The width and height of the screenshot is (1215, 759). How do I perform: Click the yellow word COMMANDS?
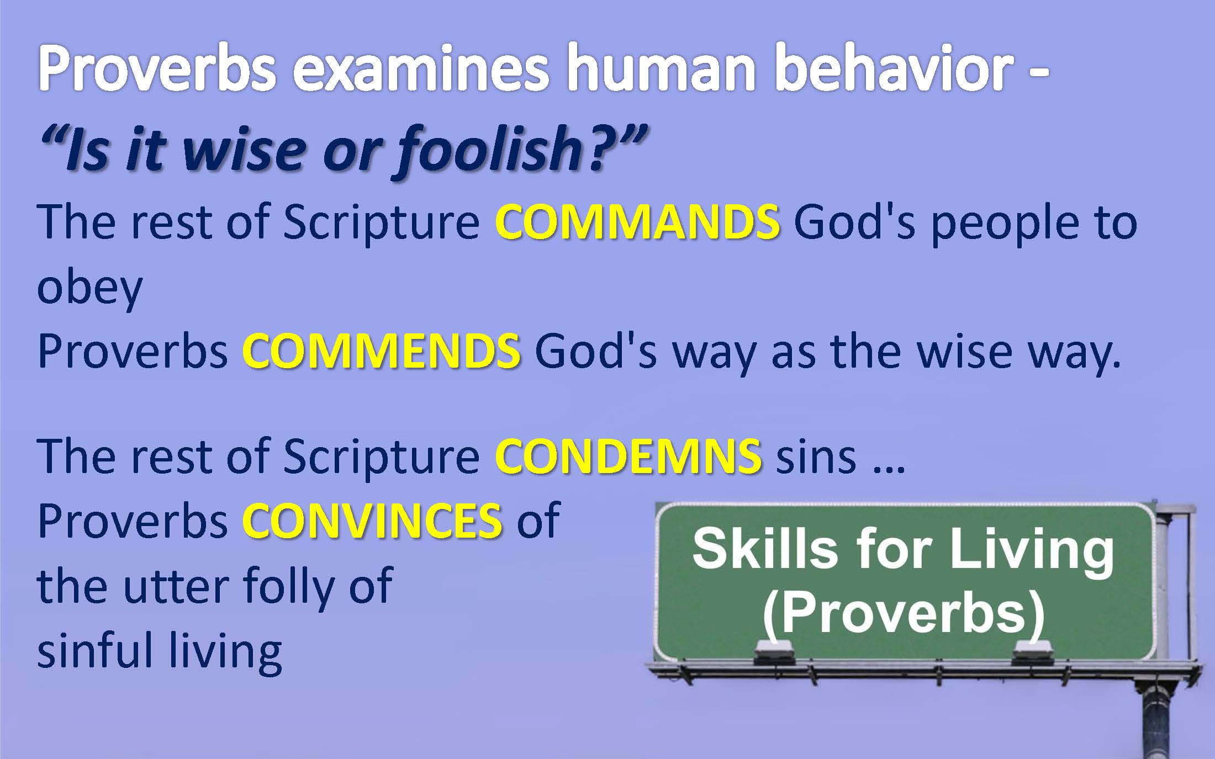(637, 223)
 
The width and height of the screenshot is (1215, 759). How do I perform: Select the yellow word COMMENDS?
(381, 351)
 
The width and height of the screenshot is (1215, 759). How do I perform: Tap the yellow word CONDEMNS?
(628, 457)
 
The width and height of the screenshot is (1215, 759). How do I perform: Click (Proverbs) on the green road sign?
(904, 614)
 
